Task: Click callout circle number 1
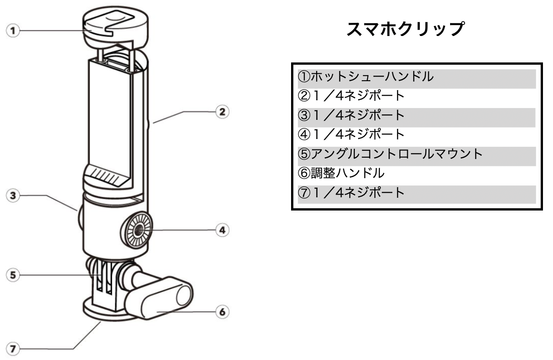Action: [13, 31]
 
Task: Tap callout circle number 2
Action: [222, 112]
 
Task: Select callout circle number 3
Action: [13, 195]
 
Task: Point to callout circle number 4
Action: [222, 230]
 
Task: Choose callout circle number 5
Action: [13, 275]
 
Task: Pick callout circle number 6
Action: [222, 312]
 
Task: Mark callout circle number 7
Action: [13, 349]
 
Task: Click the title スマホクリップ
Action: [405, 29]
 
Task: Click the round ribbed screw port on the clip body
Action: [137, 230]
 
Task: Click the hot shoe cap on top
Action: [116, 28]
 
